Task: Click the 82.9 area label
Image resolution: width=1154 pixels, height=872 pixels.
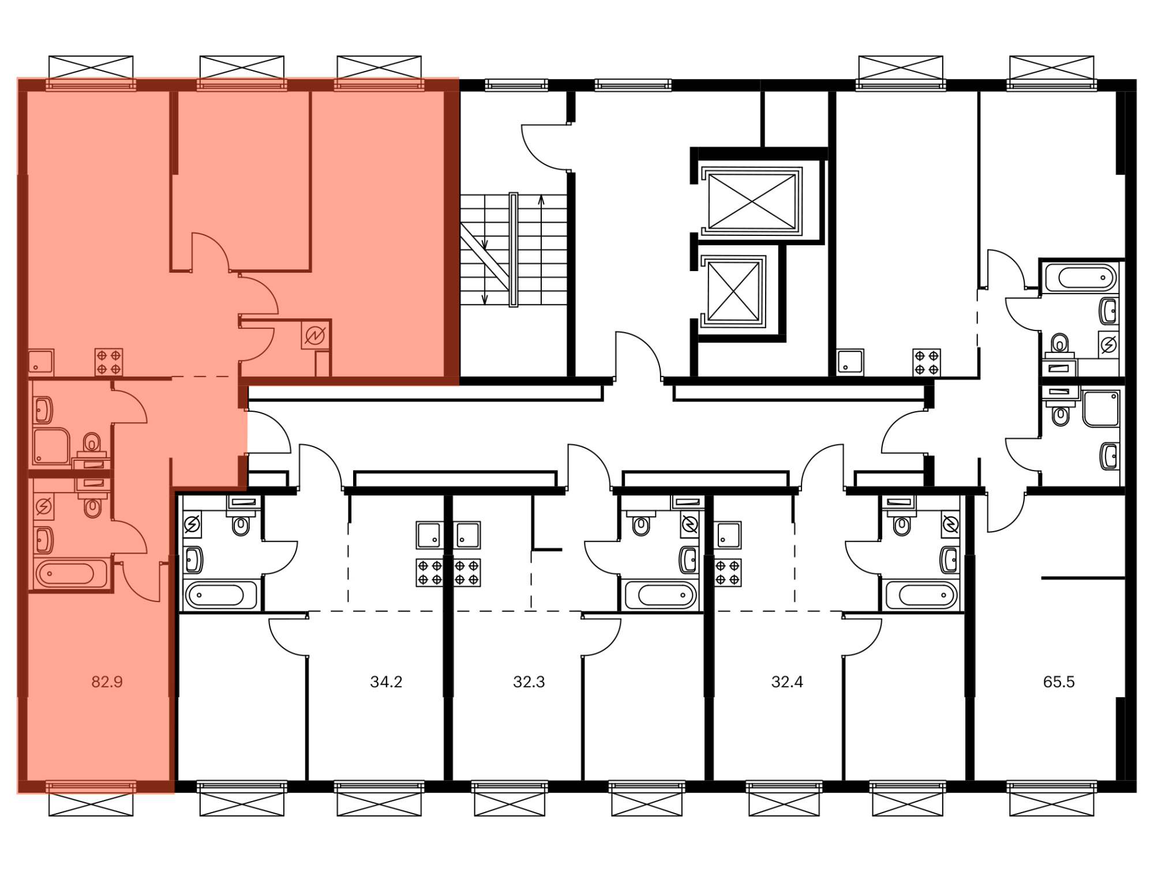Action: (107, 682)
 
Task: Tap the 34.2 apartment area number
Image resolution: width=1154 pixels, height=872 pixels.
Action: (386, 682)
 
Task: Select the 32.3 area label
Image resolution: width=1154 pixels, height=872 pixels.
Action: (529, 682)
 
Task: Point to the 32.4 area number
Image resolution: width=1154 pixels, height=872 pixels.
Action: (787, 682)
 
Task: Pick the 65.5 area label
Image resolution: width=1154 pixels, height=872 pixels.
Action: (1059, 682)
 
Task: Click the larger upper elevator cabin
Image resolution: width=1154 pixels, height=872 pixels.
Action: (751, 202)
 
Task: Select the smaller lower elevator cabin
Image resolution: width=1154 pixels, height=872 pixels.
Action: (733, 291)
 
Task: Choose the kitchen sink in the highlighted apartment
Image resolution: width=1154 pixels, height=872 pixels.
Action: (41, 362)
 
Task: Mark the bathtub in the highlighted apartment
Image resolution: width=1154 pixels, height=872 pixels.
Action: (70, 574)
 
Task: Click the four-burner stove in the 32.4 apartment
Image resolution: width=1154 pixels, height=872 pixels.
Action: (728, 573)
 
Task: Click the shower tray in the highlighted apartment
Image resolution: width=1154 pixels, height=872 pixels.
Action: (51, 446)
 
